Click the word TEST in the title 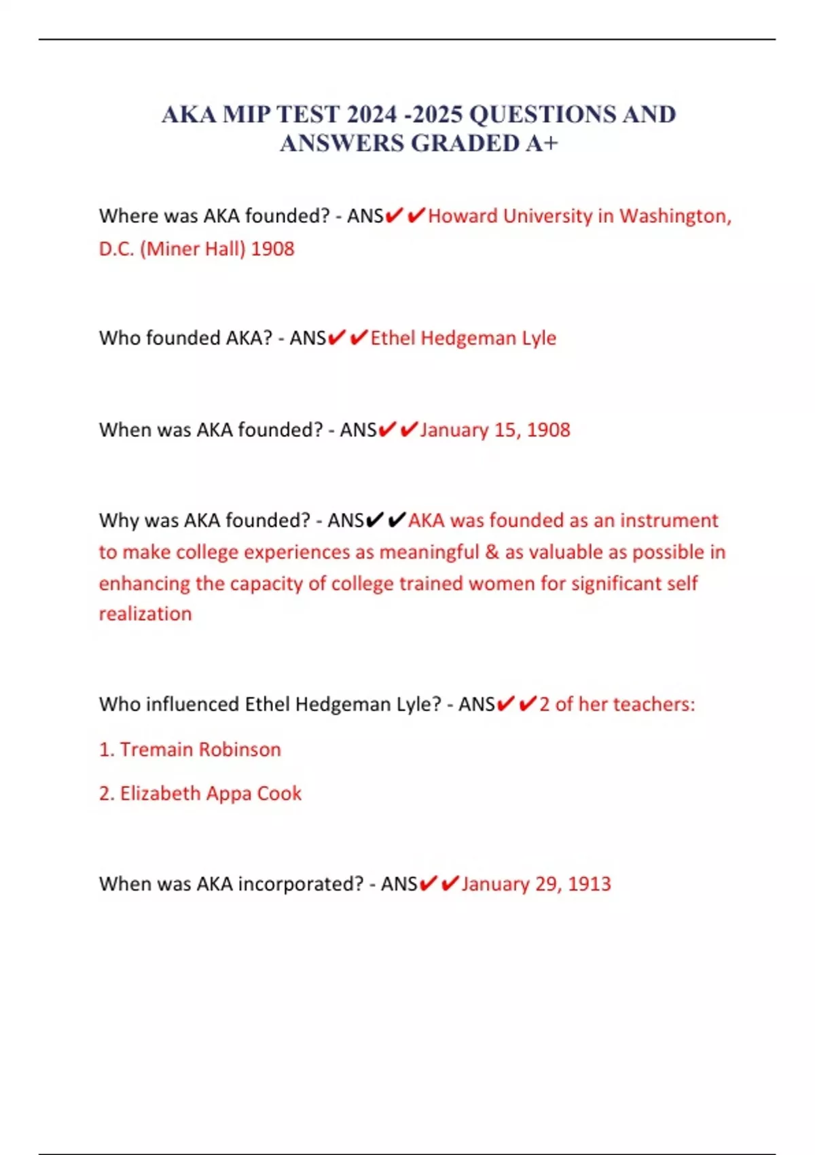(308, 114)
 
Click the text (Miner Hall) (192, 249)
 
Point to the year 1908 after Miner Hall (272, 249)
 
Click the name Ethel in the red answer (393, 338)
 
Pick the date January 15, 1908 (495, 429)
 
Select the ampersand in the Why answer (492, 552)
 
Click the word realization (145, 614)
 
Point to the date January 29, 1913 (536, 883)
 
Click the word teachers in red (654, 704)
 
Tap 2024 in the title (372, 114)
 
